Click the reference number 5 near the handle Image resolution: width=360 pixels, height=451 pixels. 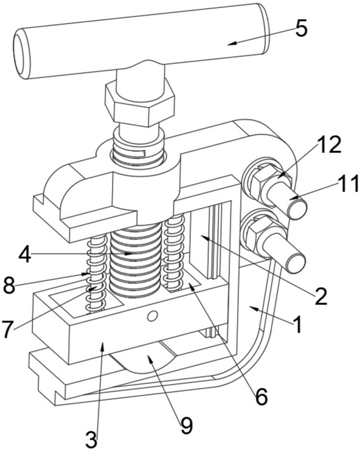pos(301,29)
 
